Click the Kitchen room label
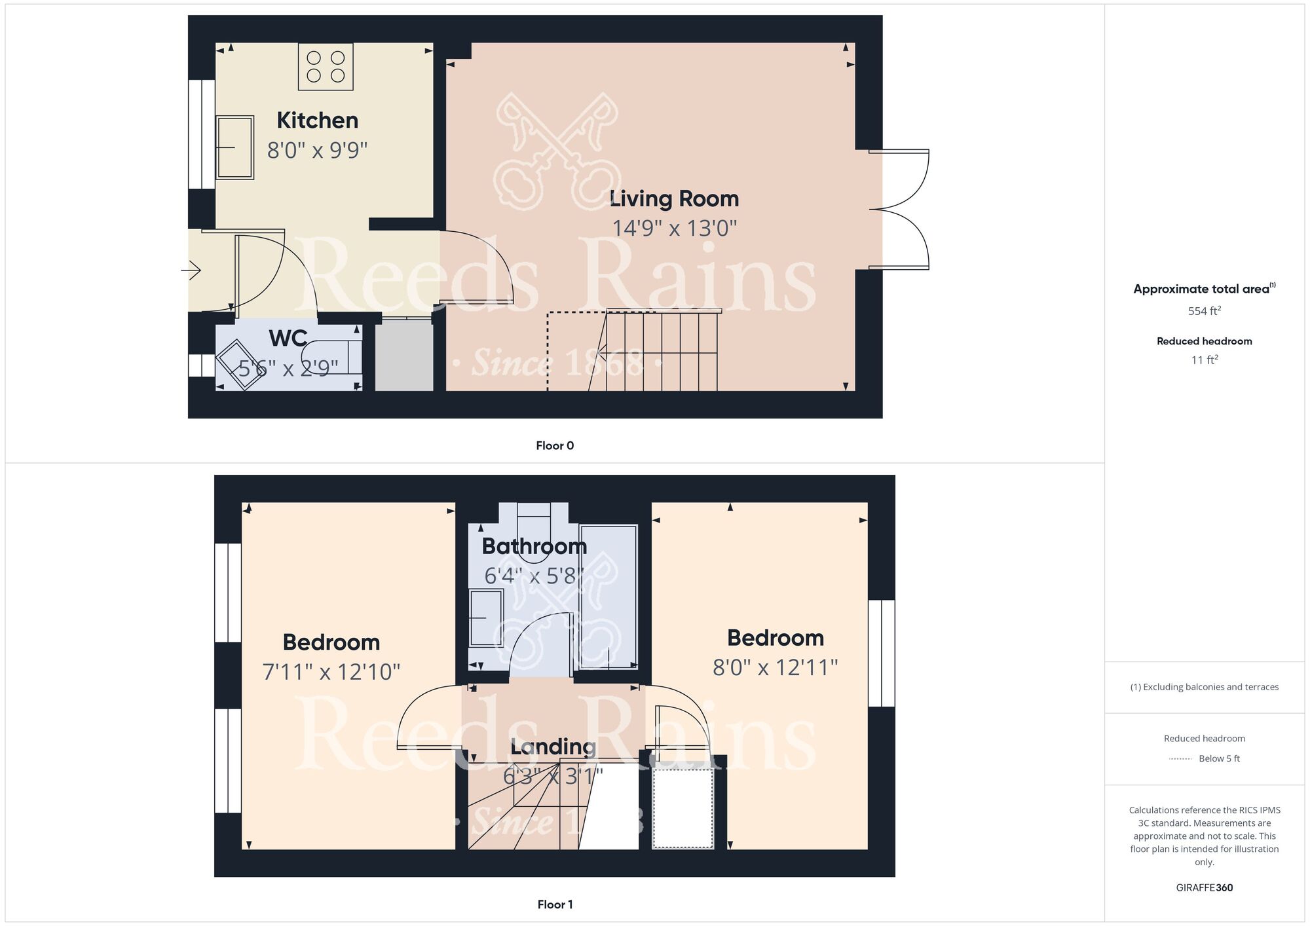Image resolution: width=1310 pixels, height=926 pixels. (318, 120)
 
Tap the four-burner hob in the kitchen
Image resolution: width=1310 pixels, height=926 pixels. (326, 67)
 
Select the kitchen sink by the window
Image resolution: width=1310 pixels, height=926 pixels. (234, 147)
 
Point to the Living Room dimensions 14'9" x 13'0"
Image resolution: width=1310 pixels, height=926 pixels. (675, 229)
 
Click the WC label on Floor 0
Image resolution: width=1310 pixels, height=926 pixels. (288, 339)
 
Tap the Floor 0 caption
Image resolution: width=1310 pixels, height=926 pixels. (555, 446)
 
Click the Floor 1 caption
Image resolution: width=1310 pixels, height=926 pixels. (555, 905)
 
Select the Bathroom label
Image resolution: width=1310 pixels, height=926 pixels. (534, 546)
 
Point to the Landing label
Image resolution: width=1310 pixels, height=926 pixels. (553, 747)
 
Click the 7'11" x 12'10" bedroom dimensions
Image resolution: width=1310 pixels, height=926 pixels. (331, 672)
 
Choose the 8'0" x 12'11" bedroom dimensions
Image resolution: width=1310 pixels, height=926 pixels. (776, 668)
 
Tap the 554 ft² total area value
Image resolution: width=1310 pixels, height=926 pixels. (1205, 311)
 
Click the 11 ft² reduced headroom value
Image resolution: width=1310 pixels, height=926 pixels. (1205, 360)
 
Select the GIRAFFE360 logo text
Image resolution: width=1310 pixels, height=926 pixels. (1205, 888)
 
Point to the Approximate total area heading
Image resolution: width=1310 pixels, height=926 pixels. (1205, 289)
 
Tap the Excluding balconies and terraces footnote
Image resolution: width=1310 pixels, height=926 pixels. (1205, 687)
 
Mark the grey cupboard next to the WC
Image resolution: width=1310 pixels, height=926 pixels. (404, 354)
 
